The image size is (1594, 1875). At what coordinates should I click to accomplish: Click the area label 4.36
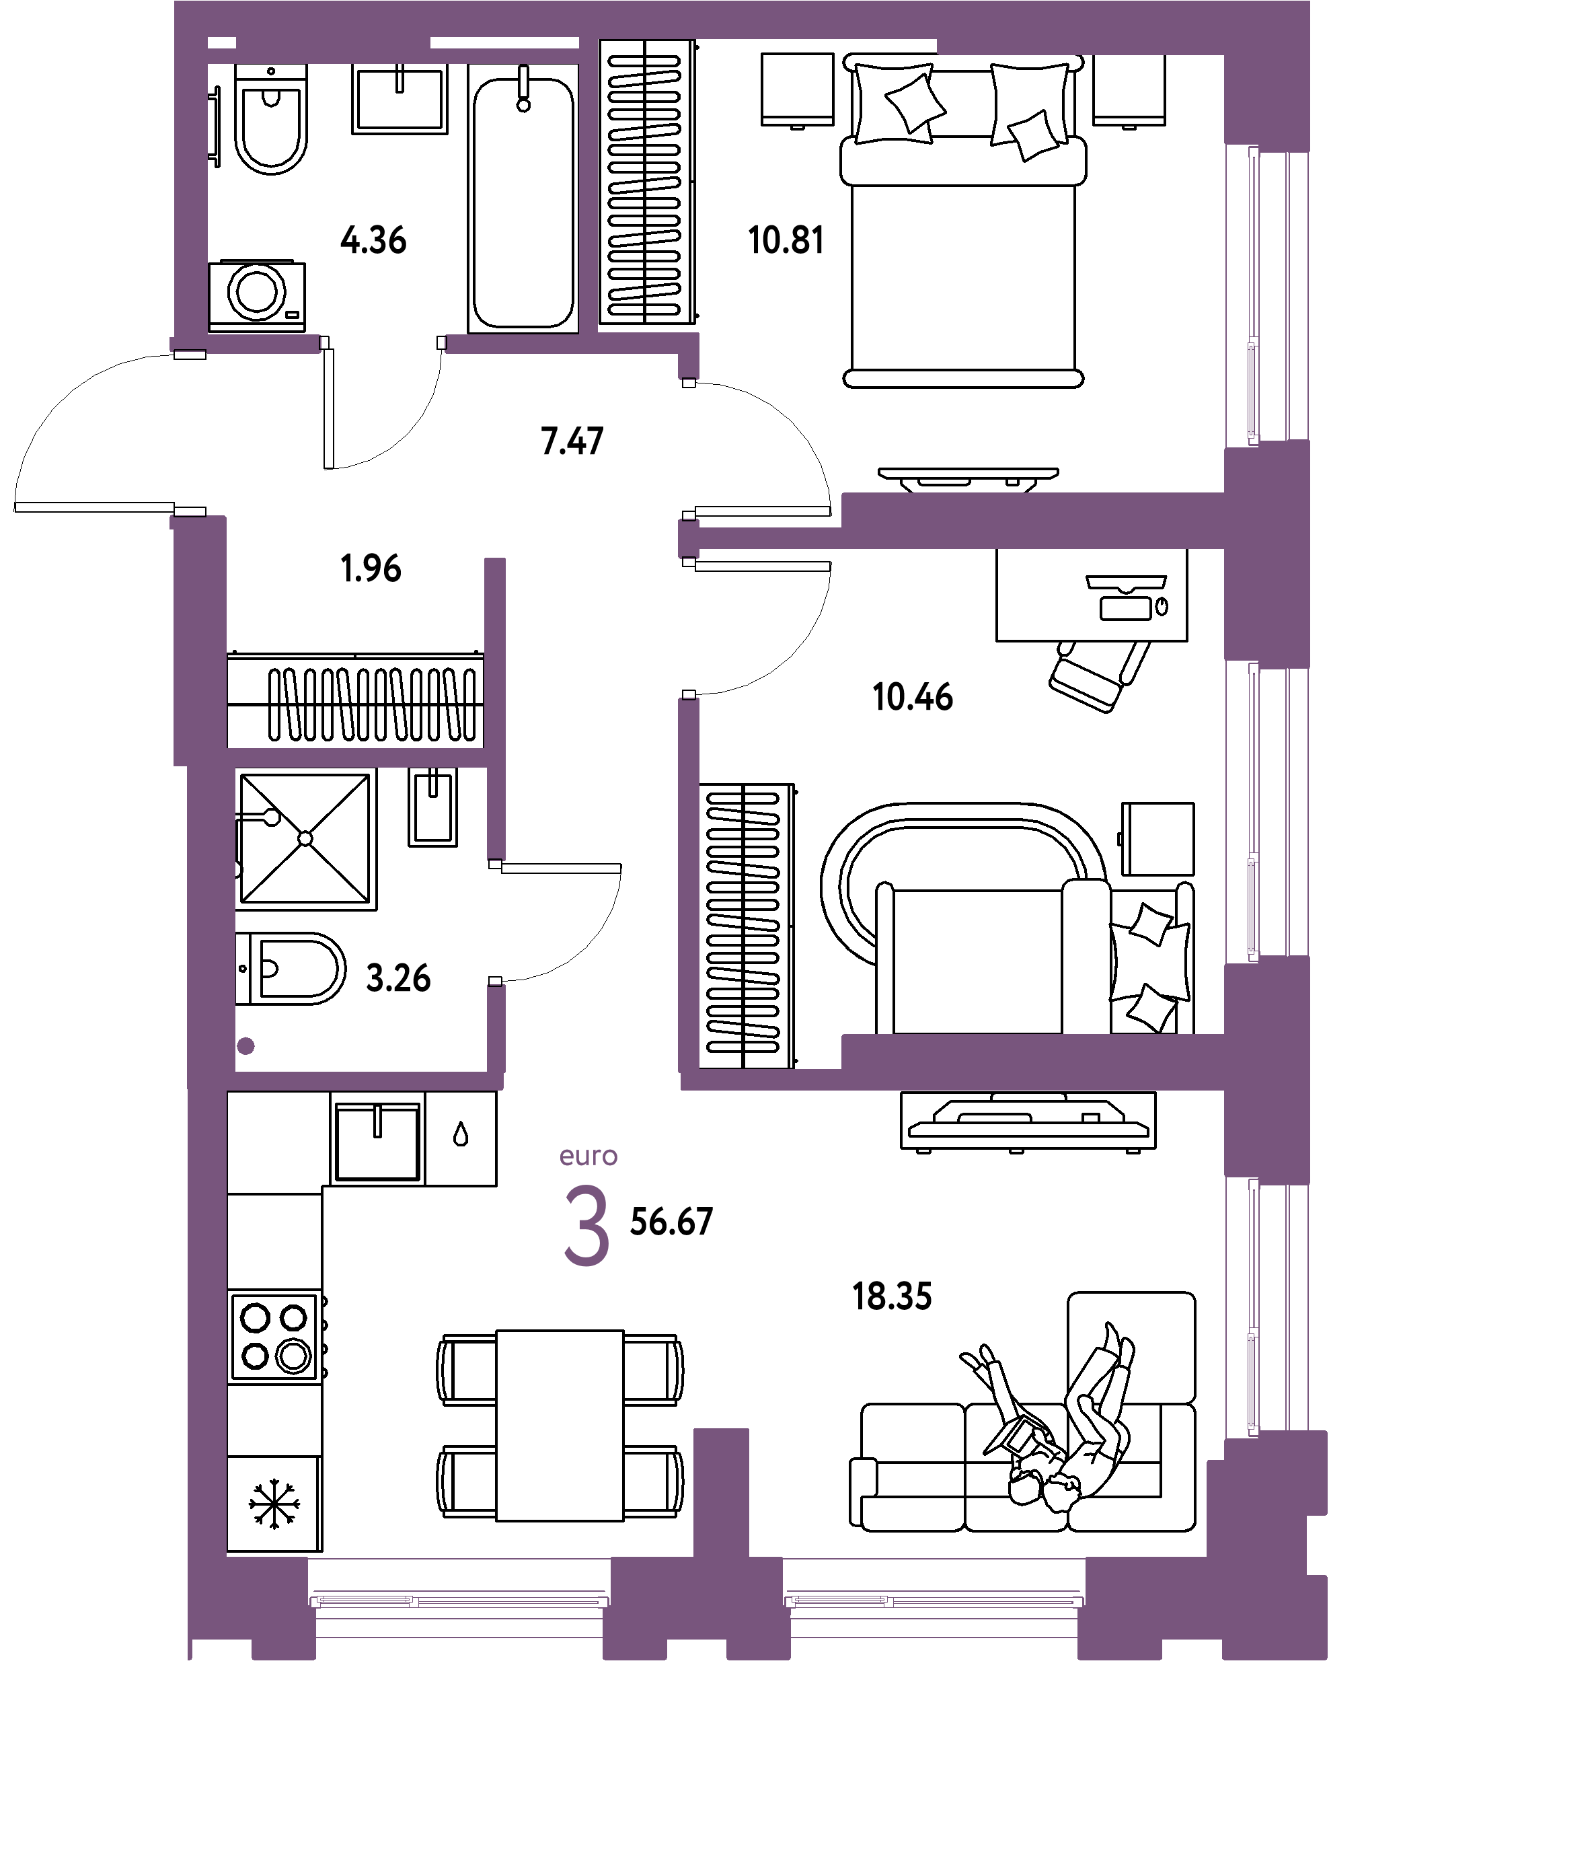click(373, 242)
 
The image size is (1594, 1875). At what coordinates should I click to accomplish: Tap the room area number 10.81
click(786, 242)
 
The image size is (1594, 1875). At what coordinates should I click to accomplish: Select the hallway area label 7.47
click(571, 442)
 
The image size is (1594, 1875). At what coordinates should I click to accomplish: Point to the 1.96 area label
click(371, 568)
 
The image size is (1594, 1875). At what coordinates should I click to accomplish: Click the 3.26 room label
click(397, 978)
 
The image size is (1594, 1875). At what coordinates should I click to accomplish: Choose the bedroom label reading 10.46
click(913, 697)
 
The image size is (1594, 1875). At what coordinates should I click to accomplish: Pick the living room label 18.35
click(892, 1296)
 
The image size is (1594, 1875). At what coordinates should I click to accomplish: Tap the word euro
click(589, 1156)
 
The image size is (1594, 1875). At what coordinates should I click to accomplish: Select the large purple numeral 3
click(587, 1225)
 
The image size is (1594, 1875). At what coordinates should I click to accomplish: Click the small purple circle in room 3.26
click(245, 1046)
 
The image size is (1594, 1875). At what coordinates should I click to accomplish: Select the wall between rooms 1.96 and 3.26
click(357, 758)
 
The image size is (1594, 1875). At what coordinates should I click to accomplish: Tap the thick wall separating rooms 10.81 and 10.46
click(1030, 521)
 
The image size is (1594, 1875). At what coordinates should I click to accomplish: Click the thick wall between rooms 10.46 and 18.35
click(1030, 1062)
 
